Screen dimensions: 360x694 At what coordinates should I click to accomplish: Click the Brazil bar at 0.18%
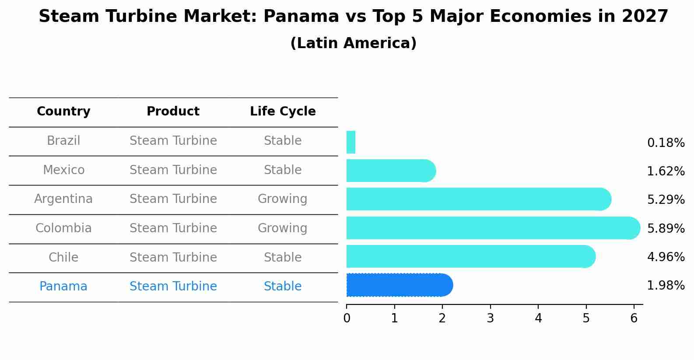351,142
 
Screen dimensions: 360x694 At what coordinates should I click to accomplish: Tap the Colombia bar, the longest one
493,228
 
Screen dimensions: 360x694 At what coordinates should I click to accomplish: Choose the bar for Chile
470,256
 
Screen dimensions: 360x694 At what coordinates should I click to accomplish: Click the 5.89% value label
666,228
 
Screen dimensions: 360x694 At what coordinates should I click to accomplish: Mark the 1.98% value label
666,286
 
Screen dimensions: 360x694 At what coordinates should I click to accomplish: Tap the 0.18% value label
666,143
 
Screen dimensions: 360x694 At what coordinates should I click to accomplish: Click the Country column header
63,112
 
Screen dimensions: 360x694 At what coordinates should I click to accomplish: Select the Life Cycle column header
283,112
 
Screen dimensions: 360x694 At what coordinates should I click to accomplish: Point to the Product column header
173,112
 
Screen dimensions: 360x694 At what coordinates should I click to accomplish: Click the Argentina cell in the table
63,199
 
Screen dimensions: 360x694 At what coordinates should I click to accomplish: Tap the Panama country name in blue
63,287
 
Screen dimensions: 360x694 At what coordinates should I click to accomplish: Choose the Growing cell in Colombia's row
282,228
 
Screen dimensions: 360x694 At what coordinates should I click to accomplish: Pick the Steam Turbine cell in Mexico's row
173,170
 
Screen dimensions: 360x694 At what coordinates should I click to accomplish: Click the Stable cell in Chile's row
282,257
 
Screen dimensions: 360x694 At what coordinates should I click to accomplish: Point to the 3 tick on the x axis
490,318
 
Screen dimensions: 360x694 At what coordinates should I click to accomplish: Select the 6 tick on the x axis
634,318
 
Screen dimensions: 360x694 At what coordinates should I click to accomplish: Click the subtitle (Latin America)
353,43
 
